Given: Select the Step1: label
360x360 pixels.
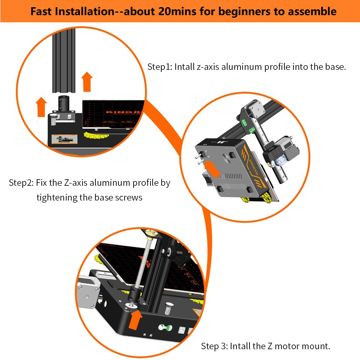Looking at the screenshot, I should [160, 67].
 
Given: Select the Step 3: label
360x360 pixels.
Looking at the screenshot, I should [215, 346].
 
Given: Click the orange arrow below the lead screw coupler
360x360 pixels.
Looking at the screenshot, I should [136, 320].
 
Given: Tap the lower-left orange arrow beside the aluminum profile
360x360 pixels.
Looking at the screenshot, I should [41, 106].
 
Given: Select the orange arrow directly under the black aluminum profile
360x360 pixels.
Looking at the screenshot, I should [87, 81].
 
